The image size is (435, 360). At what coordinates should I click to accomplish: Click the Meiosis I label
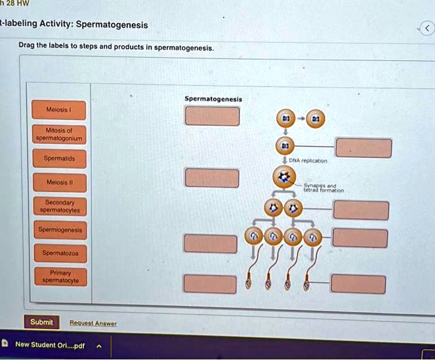pyautogui.click(x=60, y=110)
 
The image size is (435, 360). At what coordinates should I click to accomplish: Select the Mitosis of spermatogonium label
pyautogui.click(x=60, y=134)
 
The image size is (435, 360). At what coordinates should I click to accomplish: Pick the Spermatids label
pyautogui.click(x=60, y=159)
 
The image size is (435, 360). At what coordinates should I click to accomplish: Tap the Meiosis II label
pyautogui.click(x=60, y=183)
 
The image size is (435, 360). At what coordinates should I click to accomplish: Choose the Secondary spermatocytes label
pyautogui.click(x=60, y=206)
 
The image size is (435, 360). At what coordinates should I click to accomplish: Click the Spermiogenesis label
pyautogui.click(x=60, y=230)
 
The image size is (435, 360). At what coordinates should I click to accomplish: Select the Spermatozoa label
pyautogui.click(x=60, y=253)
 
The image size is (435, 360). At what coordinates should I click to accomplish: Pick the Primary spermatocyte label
pyautogui.click(x=60, y=277)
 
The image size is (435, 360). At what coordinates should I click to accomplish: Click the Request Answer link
pyautogui.click(x=93, y=323)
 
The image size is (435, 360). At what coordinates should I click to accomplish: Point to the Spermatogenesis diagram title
pyautogui.click(x=213, y=99)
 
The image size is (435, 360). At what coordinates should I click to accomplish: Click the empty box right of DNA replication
pyautogui.click(x=364, y=149)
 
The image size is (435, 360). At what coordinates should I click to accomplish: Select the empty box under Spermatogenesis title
pyautogui.click(x=212, y=116)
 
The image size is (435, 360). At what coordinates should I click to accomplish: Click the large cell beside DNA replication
pyautogui.click(x=285, y=178)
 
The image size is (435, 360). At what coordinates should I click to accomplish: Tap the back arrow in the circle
pyautogui.click(x=426, y=29)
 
